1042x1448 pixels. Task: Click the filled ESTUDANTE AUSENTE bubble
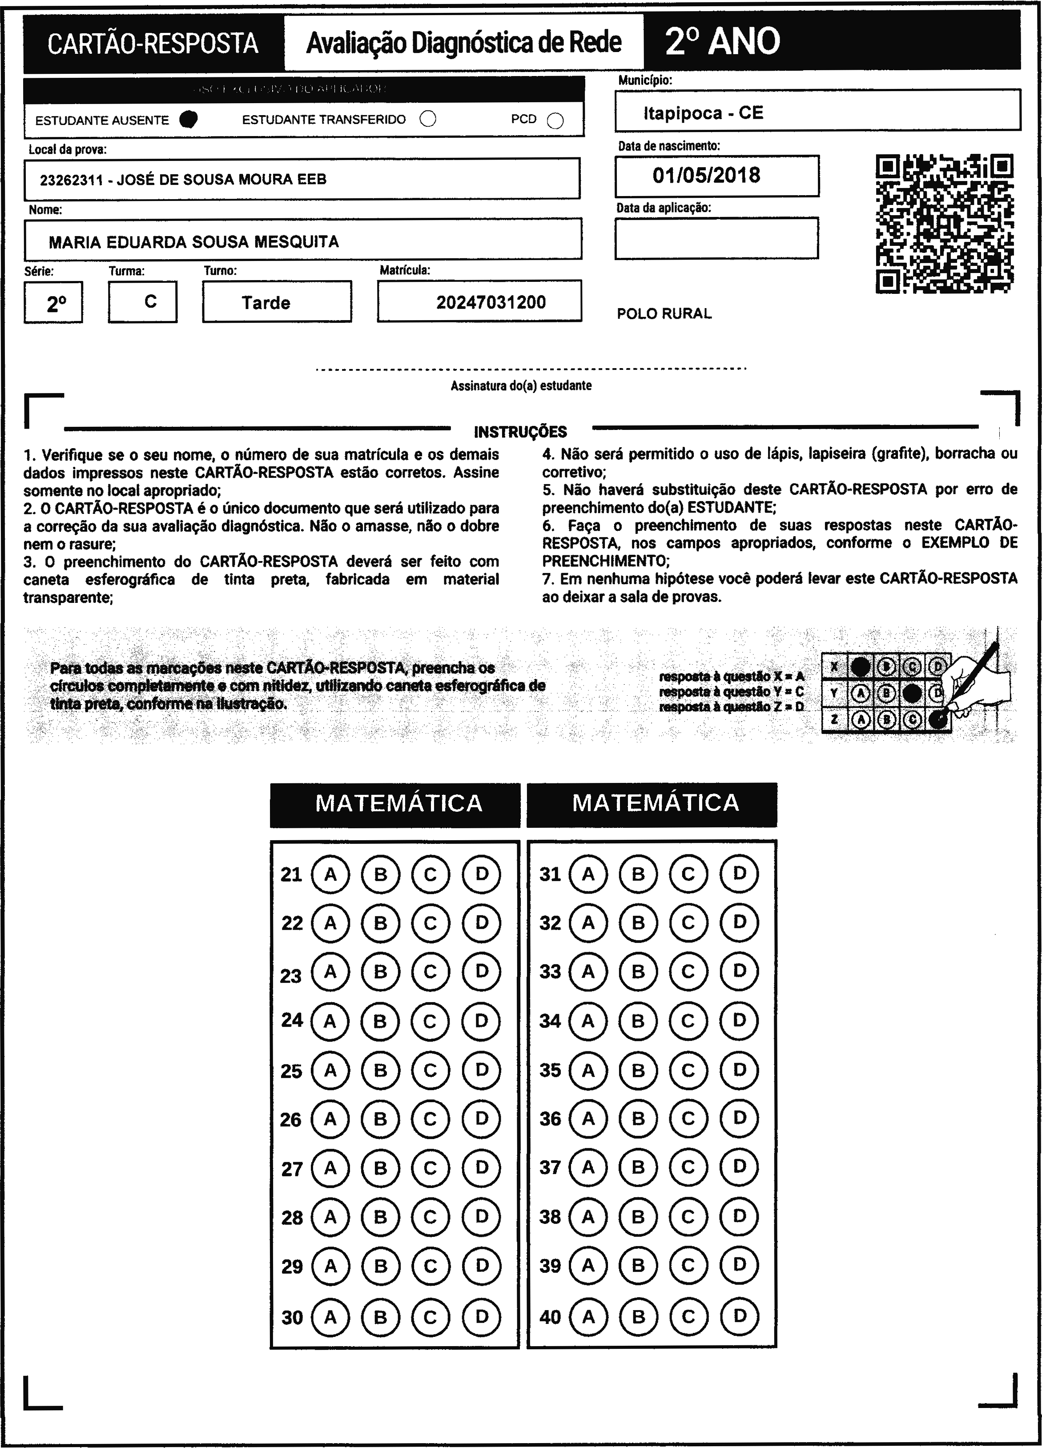point(189,120)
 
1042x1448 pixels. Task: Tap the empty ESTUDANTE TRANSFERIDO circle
point(428,120)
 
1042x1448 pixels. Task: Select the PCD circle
point(555,120)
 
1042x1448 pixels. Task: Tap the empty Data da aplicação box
point(716,238)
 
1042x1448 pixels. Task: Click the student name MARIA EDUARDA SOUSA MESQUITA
point(193,242)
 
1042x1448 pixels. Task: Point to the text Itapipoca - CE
point(703,113)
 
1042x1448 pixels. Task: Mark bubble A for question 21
point(330,874)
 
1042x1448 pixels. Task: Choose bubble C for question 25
point(430,1071)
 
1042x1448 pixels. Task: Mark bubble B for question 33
point(638,972)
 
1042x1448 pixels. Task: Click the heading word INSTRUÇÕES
point(520,432)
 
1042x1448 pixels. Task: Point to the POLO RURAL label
point(664,313)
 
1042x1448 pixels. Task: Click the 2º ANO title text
point(722,41)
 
